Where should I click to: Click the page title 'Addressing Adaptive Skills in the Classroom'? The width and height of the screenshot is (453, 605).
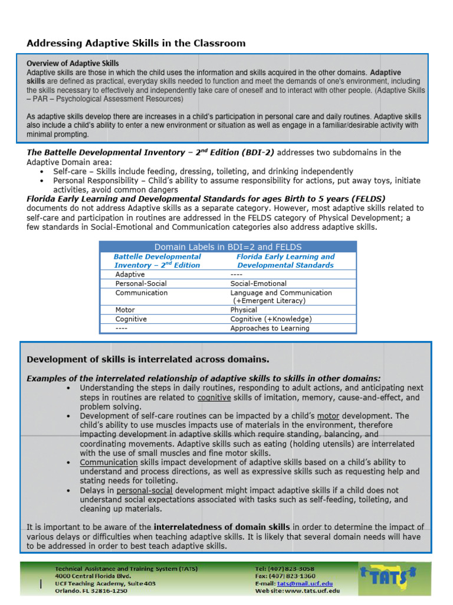[x=136, y=43]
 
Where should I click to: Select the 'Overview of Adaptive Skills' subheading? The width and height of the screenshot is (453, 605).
[x=73, y=63]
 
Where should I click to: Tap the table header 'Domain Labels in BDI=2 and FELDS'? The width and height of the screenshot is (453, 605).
[x=228, y=247]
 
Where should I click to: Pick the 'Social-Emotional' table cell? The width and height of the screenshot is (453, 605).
[x=258, y=284]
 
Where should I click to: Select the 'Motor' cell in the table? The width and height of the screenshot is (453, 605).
[x=125, y=310]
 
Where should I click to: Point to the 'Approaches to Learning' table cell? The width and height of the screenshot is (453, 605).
[x=270, y=328]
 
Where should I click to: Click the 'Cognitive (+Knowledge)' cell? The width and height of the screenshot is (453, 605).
[x=271, y=319]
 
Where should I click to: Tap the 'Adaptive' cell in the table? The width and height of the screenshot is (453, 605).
[x=130, y=275]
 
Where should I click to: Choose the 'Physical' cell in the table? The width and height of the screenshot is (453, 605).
[x=244, y=310]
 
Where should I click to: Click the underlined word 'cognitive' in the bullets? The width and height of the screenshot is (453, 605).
[x=214, y=398]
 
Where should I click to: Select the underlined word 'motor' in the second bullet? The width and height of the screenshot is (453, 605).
[x=328, y=416]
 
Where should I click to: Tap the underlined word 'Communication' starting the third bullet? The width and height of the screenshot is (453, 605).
[x=109, y=462]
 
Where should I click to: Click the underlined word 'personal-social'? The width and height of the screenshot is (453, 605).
[x=145, y=490]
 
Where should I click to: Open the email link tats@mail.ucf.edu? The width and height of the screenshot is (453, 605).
[x=301, y=583]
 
